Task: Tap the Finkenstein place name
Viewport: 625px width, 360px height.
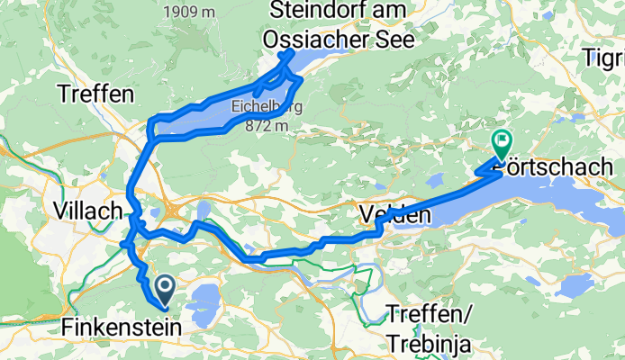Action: point(122,327)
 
